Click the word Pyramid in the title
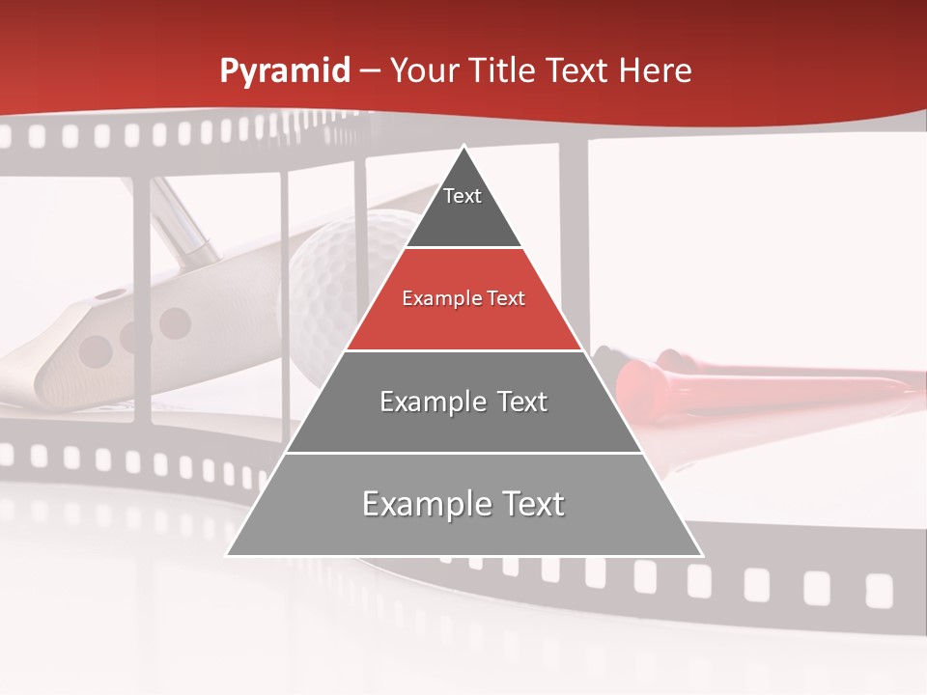(x=284, y=71)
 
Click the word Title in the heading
(x=503, y=70)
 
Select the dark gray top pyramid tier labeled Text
(x=463, y=208)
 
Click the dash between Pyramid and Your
(x=370, y=71)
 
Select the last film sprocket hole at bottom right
(x=878, y=589)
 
